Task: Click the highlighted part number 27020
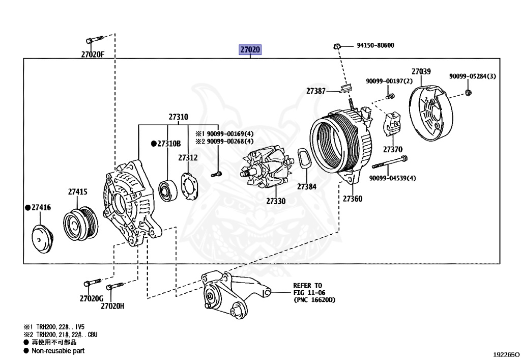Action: click(250, 49)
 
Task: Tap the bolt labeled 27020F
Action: click(95, 40)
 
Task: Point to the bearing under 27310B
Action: click(168, 191)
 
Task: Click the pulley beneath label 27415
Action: click(81, 223)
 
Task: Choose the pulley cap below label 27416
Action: click(43, 238)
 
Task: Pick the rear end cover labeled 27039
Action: click(430, 113)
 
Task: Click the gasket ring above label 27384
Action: click(303, 159)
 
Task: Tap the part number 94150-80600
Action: click(375, 45)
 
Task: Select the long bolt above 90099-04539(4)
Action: click(390, 162)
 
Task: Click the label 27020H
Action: click(112, 306)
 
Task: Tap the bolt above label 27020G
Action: click(93, 283)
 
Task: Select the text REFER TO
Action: click(307, 286)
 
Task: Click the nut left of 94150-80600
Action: click(337, 46)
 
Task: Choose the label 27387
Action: click(315, 91)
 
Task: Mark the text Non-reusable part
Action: click(58, 351)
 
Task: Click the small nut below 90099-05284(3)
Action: click(468, 92)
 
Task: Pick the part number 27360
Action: click(353, 199)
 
